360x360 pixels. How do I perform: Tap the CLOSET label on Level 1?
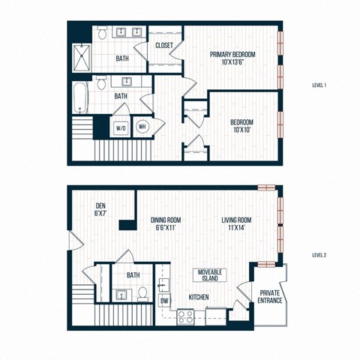click(x=164, y=46)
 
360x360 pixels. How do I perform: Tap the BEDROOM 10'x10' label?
click(x=241, y=125)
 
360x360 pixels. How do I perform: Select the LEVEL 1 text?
click(x=318, y=85)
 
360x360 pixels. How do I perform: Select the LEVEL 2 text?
click(x=318, y=255)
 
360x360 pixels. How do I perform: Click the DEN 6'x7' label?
click(x=100, y=210)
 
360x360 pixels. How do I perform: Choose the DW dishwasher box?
click(x=164, y=301)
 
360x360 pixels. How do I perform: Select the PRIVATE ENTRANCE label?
click(x=270, y=296)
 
